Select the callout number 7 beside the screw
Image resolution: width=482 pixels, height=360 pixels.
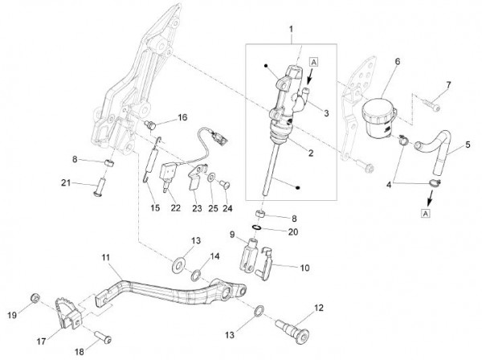(449, 85)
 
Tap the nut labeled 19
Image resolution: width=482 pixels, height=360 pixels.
(35, 298)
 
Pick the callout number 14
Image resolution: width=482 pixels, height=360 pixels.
(214, 256)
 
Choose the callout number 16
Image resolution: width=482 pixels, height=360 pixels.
(182, 118)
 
